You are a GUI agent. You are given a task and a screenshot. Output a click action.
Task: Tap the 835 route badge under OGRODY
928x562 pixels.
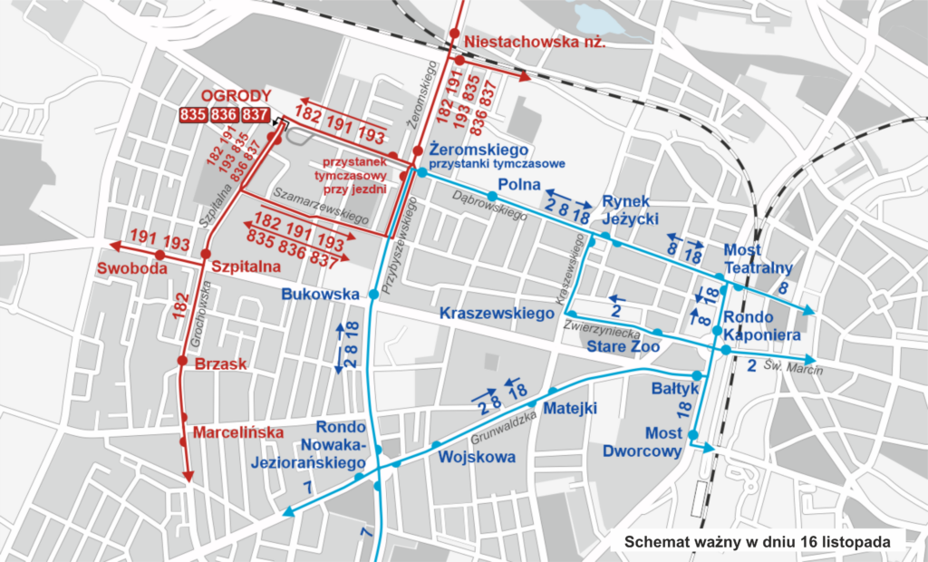tap(193, 115)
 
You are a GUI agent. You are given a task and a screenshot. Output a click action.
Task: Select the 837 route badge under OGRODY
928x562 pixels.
tap(256, 115)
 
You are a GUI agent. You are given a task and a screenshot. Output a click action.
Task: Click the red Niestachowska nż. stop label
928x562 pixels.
tap(533, 42)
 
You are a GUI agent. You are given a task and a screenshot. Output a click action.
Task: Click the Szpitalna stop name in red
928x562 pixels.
tap(245, 267)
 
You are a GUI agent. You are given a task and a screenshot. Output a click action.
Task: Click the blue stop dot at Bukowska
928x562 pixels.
tap(372, 294)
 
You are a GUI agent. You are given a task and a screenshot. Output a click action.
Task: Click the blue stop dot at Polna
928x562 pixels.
tap(491, 196)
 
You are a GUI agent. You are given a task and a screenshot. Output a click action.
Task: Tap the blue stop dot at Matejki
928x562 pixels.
tap(536, 404)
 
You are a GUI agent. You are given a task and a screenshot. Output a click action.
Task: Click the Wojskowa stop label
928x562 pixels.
tap(477, 456)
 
